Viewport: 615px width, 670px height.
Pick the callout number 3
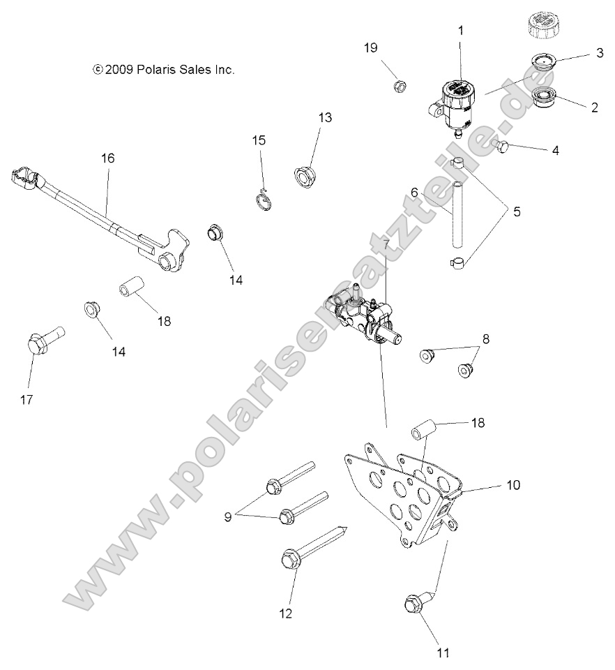(x=598, y=53)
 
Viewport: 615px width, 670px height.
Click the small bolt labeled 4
(x=501, y=144)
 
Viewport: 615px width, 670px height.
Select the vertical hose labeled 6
(x=456, y=213)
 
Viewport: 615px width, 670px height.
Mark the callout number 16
(x=107, y=158)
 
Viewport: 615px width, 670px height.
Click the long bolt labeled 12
(x=307, y=551)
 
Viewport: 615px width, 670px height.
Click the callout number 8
(x=485, y=339)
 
